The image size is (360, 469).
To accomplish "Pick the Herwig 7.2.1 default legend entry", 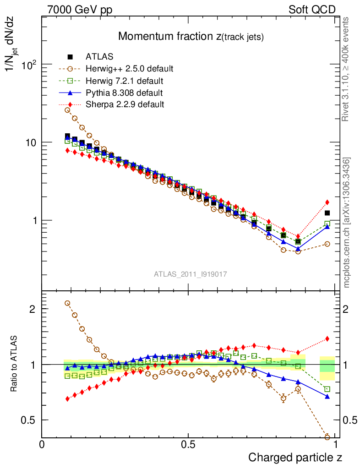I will pos(125,81).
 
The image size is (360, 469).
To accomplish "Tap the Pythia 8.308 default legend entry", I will pos(124,93).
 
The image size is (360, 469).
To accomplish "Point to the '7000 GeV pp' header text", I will pos(80,10).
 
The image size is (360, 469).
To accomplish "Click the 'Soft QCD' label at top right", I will pos(312,10).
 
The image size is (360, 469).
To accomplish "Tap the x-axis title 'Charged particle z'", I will pos(295,457).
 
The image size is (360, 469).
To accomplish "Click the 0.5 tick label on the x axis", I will pos(188,444).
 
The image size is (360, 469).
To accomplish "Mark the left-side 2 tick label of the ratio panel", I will pos(33,309).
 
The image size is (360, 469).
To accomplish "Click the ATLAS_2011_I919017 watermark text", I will pos(191,274).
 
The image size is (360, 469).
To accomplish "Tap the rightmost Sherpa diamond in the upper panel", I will pos(327,202).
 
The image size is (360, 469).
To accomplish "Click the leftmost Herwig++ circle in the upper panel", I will pos(67,110).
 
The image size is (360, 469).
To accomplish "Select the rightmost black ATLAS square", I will pos(327,213).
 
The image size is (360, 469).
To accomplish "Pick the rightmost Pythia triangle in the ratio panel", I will pos(327,397).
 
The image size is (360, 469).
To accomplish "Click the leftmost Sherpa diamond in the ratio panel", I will pos(67,399).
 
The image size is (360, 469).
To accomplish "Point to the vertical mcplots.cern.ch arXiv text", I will pos(347,222).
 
